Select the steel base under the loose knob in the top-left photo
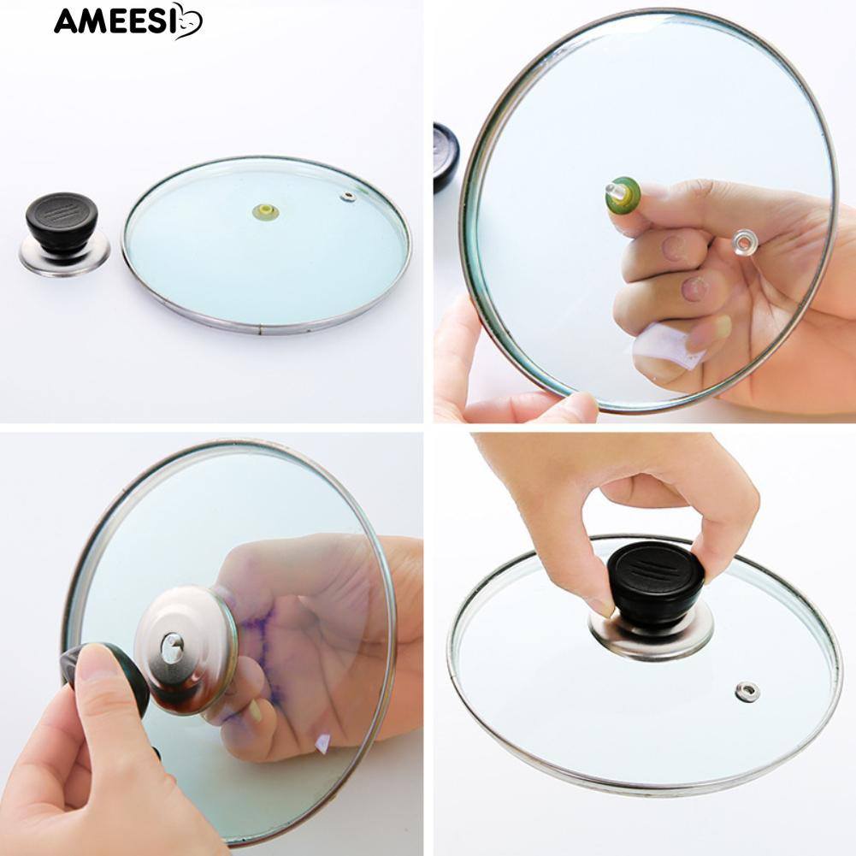tap(65, 257)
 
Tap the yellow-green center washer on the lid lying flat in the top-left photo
tap(263, 210)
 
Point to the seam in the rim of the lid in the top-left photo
tap(261, 330)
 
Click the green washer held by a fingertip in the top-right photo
tap(623, 196)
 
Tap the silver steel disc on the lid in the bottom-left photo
tap(186, 651)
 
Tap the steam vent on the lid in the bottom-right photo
tap(747, 692)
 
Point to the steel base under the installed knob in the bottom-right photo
tap(650, 636)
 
